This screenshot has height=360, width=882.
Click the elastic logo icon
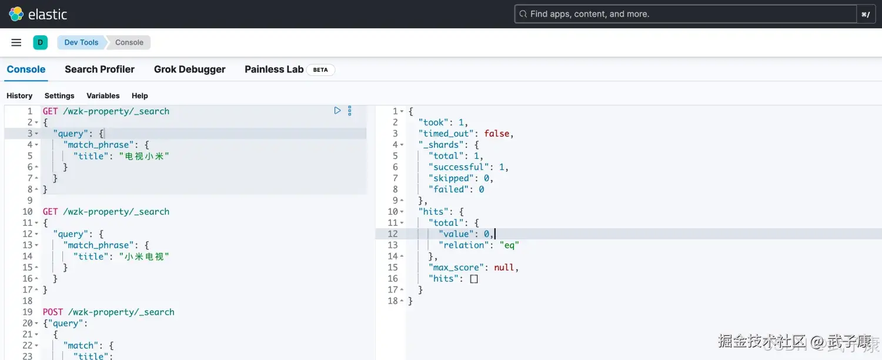coord(16,14)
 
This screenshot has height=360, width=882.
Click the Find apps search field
coord(686,14)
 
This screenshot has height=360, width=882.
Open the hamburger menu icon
coord(16,42)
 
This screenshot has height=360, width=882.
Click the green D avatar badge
coord(40,42)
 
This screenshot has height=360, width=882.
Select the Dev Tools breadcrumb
coord(81,42)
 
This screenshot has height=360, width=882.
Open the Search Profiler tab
coord(99,69)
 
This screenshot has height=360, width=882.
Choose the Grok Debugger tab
coord(189,69)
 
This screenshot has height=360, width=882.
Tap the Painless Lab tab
coord(274,69)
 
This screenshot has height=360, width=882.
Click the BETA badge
coord(320,70)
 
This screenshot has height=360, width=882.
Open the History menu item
coord(19,96)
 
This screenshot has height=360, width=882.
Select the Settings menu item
coord(59,96)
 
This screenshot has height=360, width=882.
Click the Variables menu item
coord(103,96)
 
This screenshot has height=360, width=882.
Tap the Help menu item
coord(140,96)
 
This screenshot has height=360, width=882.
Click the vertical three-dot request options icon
coord(350,111)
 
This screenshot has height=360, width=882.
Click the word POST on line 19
coord(53,312)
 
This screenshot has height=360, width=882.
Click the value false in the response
coord(496,134)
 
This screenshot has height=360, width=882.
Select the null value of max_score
coord(504,268)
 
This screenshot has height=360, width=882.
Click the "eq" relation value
coord(510,245)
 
